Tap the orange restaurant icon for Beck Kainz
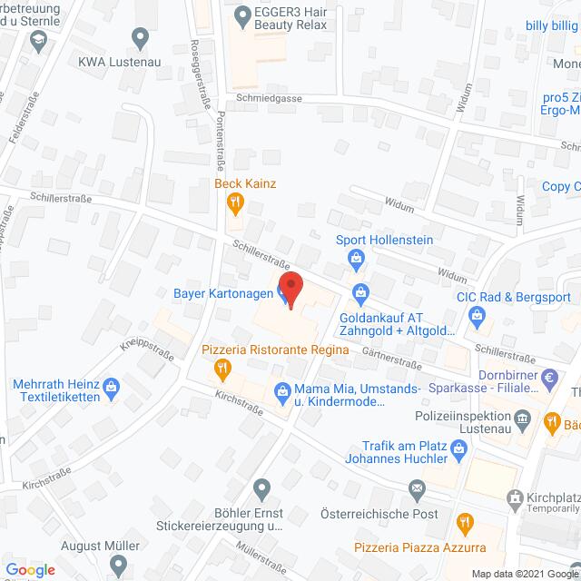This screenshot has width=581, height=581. [x=234, y=202]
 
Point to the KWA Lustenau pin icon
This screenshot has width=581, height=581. [x=140, y=37]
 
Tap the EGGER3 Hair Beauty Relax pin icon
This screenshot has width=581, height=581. [x=241, y=15]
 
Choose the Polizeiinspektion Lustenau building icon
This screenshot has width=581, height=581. [x=522, y=418]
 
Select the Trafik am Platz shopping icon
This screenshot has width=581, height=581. [x=459, y=448]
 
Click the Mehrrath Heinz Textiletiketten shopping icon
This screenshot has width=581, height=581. [x=112, y=386]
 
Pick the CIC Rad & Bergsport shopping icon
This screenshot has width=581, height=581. [x=478, y=316]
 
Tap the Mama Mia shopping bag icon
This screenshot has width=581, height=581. [x=281, y=391]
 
